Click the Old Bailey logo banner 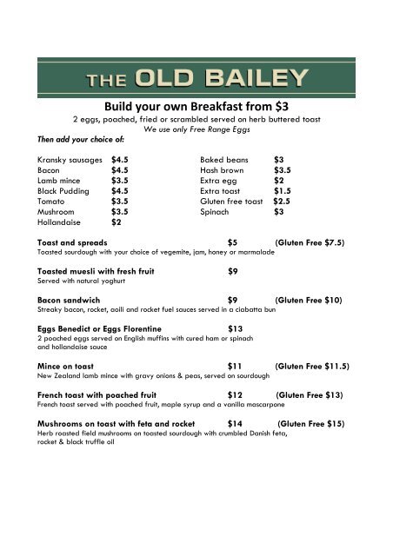(x=196, y=80)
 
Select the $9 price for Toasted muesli (x=233, y=271)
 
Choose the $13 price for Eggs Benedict (x=235, y=328)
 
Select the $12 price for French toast (x=235, y=395)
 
